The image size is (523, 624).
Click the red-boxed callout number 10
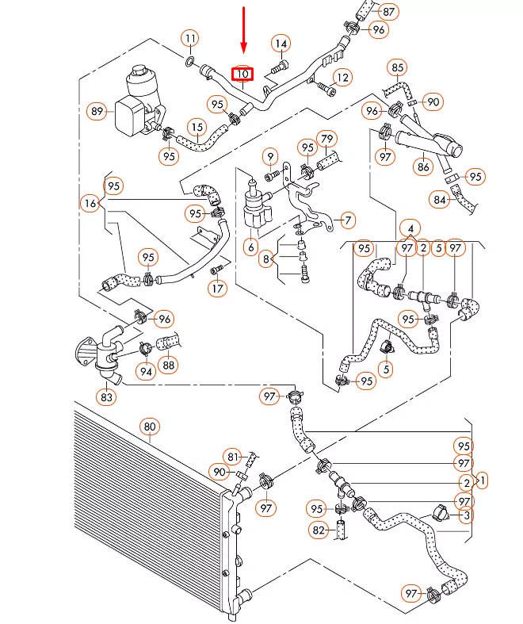pos(242,74)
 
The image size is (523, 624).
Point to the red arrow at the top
pos(244,30)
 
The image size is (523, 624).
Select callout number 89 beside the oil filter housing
pos(97,111)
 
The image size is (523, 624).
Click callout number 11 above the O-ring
pos(191,39)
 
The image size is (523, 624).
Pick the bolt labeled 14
pos(279,67)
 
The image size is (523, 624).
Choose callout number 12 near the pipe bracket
pos(342,77)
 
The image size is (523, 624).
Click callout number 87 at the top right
pos(388,12)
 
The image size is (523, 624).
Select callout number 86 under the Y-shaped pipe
pos(423,167)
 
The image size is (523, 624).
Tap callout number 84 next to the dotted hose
pos(440,199)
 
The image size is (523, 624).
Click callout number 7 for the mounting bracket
pos(348,220)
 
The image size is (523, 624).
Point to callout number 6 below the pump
pos(250,247)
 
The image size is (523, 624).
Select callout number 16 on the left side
pos(90,203)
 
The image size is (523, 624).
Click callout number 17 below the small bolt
pos(218,288)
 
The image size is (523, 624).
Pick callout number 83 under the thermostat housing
pos(107,396)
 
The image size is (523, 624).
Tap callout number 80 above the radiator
pos(150,427)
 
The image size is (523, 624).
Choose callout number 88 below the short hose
pos(169,365)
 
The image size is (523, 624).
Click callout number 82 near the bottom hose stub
pos(319,530)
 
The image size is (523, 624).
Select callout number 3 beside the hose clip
pos(467,515)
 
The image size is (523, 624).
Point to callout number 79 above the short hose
pos(326,140)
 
